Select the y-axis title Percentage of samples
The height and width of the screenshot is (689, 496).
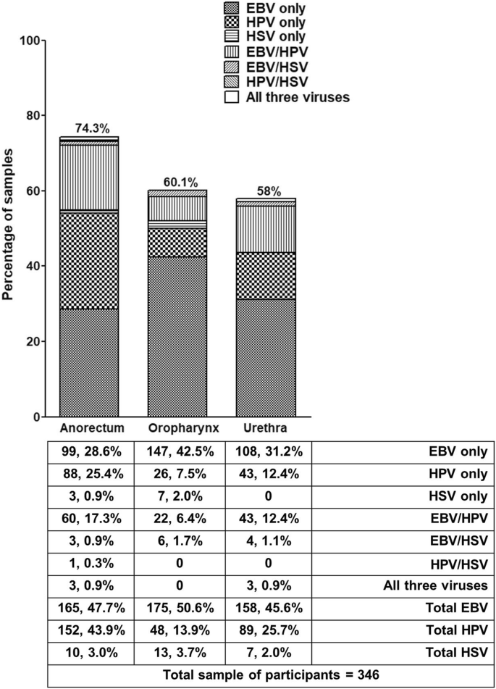(x=10, y=229)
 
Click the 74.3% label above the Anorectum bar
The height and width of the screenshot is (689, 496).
(x=90, y=129)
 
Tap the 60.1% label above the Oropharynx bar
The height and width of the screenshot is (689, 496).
(x=177, y=182)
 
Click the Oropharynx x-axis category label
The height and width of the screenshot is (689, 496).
(x=177, y=426)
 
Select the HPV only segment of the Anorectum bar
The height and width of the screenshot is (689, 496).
(x=90, y=260)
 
